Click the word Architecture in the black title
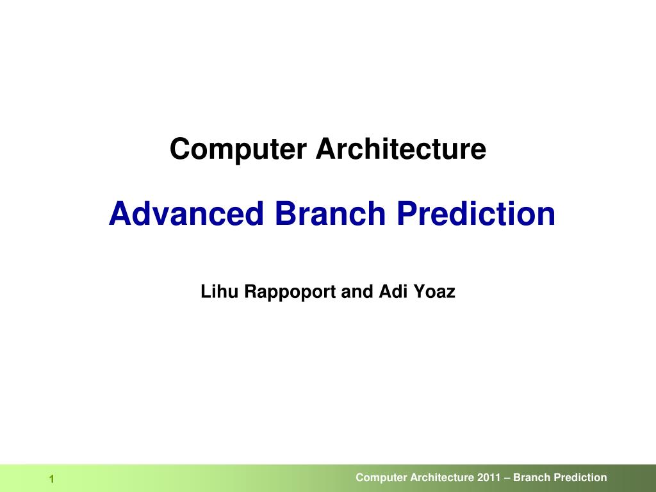click(x=400, y=150)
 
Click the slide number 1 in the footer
click(x=52, y=480)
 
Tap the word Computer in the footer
click(x=381, y=478)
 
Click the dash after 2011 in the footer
click(x=507, y=478)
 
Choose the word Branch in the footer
click(x=532, y=477)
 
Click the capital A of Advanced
click(x=117, y=213)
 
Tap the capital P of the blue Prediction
click(x=405, y=213)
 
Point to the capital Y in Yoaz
click(x=418, y=292)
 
